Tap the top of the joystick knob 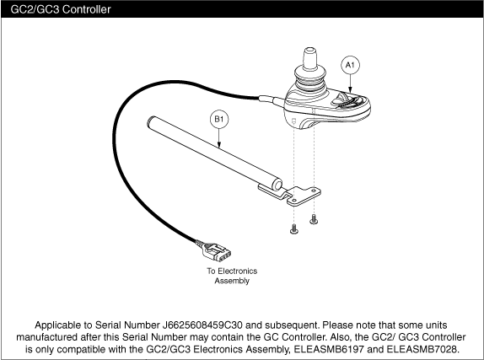[310, 51]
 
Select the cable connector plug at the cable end [213, 251]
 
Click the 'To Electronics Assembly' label [232, 276]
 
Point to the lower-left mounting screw [294, 229]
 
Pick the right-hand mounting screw [314, 219]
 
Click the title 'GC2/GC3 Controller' [61, 9]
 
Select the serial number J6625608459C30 [202, 325]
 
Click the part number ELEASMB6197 [330, 349]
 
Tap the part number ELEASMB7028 [421, 349]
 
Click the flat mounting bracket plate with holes [304, 196]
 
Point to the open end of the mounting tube [277, 185]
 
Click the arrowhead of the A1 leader [350, 90]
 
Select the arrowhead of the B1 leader [219, 144]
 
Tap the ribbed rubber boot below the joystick [310, 78]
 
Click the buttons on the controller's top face [346, 100]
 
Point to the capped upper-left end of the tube [151, 120]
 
